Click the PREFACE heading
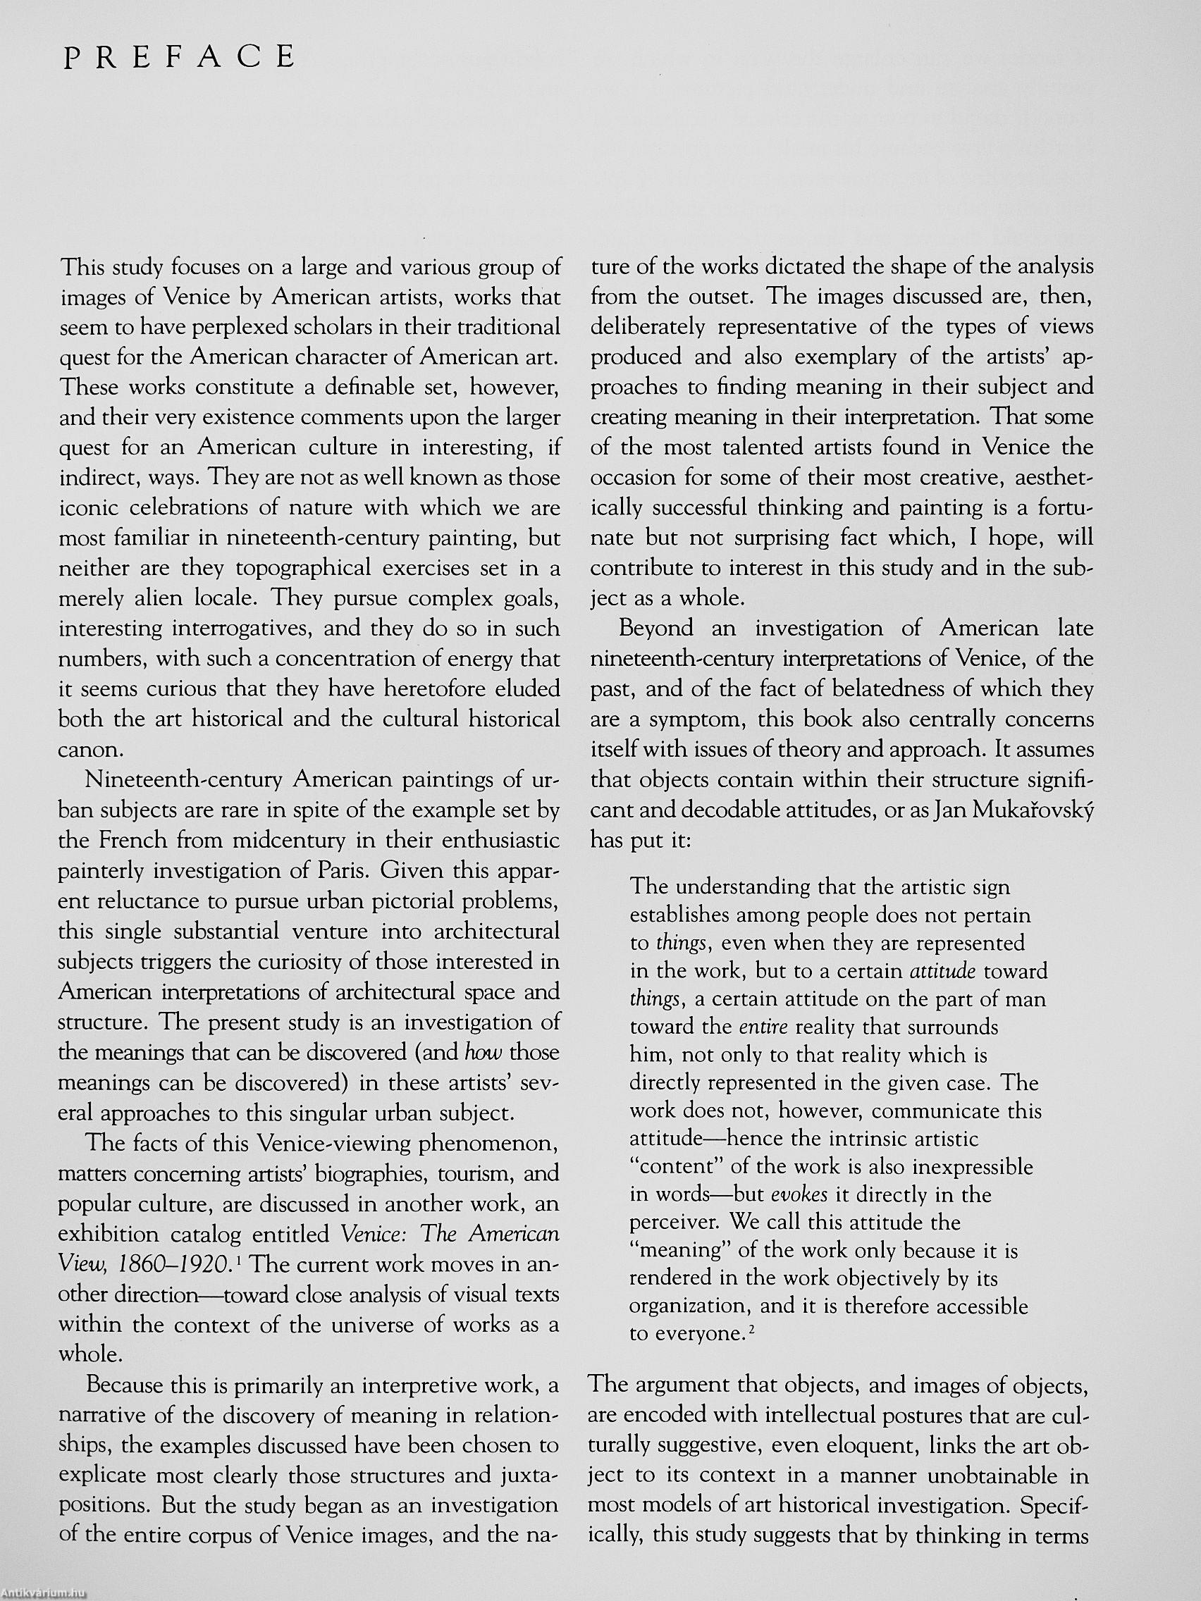point(180,56)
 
